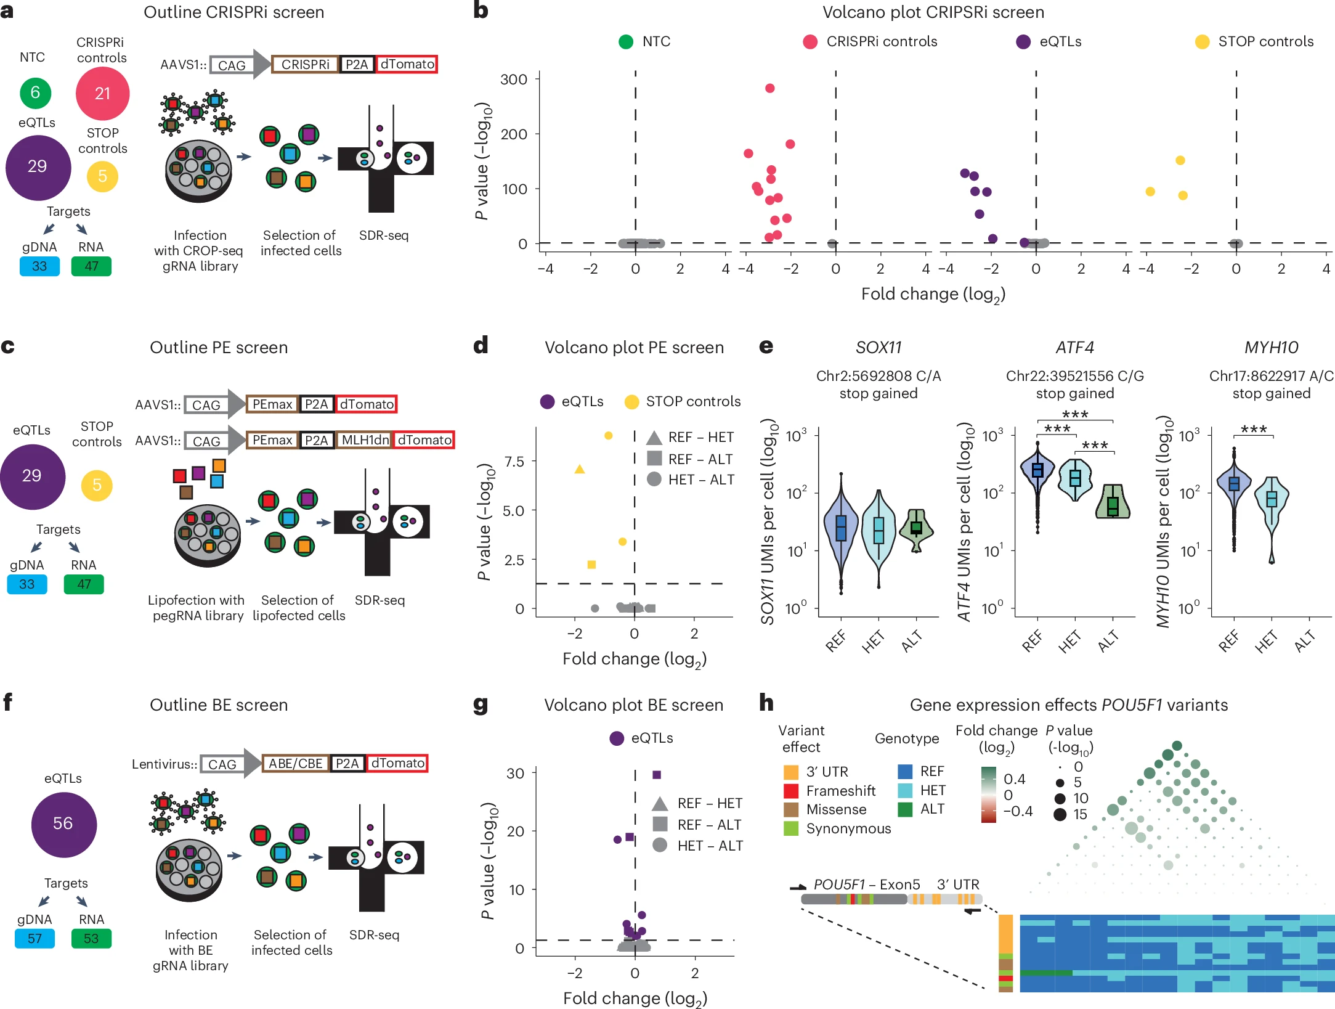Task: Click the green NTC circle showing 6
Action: [35, 93]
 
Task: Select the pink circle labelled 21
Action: [102, 94]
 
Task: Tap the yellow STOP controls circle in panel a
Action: [102, 176]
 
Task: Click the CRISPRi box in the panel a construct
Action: [305, 64]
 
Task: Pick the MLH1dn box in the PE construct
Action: [365, 440]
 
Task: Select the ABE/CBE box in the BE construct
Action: [295, 763]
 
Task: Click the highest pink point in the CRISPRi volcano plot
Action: [769, 88]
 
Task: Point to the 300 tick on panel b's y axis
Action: [514, 80]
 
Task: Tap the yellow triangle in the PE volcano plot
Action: [579, 470]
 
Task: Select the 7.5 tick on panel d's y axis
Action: [514, 462]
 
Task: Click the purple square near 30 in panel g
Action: [657, 775]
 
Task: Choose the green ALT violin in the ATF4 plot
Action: [1113, 502]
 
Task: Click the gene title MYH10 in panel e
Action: [1271, 348]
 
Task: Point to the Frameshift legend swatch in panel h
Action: [791, 791]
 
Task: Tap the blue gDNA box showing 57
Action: [34, 938]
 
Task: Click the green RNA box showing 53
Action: [91, 938]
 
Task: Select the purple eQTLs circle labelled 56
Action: [63, 823]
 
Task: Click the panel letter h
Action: [766, 703]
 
